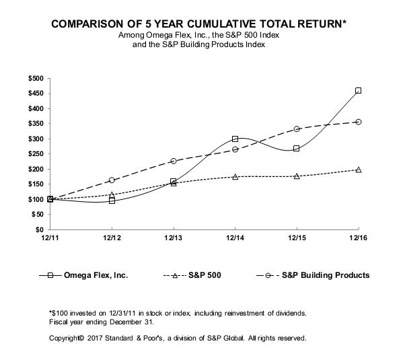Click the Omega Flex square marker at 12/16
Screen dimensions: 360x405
coord(358,90)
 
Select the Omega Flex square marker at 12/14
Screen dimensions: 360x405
coord(235,139)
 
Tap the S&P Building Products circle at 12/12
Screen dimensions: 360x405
coord(112,180)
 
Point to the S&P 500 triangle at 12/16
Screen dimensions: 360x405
coord(358,170)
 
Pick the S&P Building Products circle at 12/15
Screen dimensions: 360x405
coord(297,129)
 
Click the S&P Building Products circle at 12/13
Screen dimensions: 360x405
coord(174,161)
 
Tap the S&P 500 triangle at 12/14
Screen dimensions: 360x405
coord(235,176)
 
